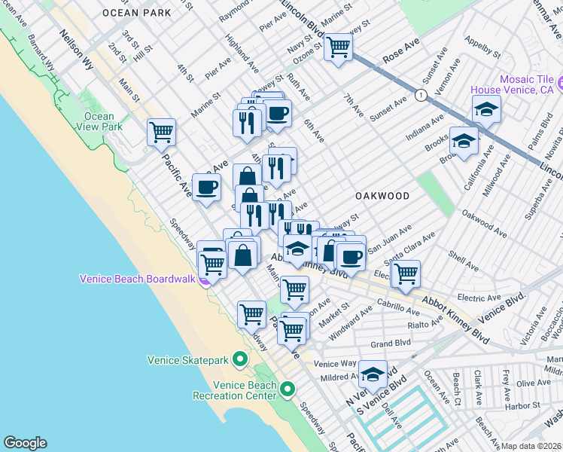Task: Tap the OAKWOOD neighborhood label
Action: point(383,196)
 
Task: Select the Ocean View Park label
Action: point(99,122)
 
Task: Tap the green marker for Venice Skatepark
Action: point(240,359)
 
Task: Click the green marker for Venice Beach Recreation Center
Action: point(288,389)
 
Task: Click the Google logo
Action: point(25,443)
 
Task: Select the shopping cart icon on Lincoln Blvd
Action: point(339,47)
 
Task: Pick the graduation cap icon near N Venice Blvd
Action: point(373,374)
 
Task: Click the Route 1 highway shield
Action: point(421,95)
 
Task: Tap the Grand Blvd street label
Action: point(391,343)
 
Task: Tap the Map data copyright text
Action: point(531,446)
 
